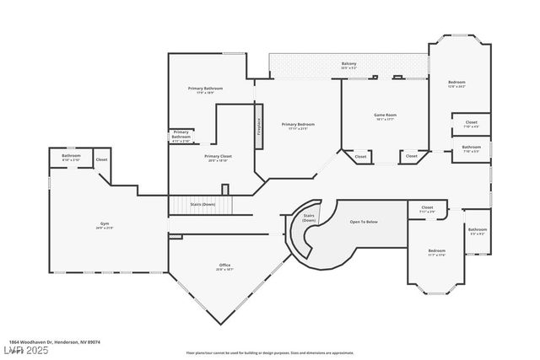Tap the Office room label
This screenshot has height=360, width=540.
[x=224, y=266]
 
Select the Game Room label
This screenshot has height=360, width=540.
[x=385, y=116]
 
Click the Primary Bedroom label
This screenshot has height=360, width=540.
[x=298, y=126]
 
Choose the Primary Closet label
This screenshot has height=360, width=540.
[x=218, y=158]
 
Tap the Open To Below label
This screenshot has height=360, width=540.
[x=364, y=223]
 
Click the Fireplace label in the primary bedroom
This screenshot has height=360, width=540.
[x=259, y=123]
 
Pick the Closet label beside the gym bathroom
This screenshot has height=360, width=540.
[x=101, y=159]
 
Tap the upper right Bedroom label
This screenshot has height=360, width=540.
[x=456, y=83]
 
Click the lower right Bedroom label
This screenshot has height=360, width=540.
[x=436, y=252]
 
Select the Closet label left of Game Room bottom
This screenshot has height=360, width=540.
[x=360, y=156]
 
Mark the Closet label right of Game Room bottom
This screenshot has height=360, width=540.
[x=411, y=156]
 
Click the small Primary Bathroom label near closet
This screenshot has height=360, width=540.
[x=181, y=134]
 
